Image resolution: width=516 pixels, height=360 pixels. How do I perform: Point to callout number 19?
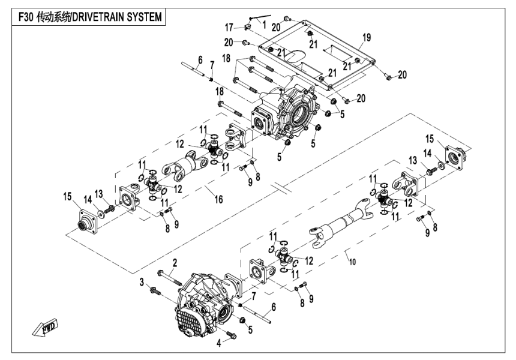(367, 37)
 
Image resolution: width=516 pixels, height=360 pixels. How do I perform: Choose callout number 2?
(175, 262)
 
